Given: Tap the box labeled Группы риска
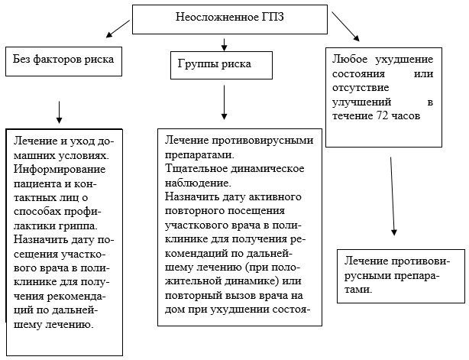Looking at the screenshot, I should [x=221, y=65].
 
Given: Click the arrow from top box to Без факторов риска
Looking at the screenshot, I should [x=120, y=27].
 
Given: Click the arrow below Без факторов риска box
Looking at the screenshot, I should [x=59, y=112].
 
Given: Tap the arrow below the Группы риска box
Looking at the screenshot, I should [x=224, y=102].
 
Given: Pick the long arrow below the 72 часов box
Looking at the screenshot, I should [x=393, y=196].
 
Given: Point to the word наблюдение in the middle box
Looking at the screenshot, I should [x=198, y=182].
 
